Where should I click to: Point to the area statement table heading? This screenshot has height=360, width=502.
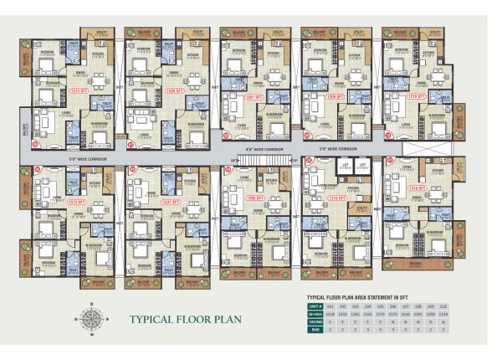click(x=361, y=297)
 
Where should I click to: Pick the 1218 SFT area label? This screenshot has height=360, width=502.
click(x=416, y=96)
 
